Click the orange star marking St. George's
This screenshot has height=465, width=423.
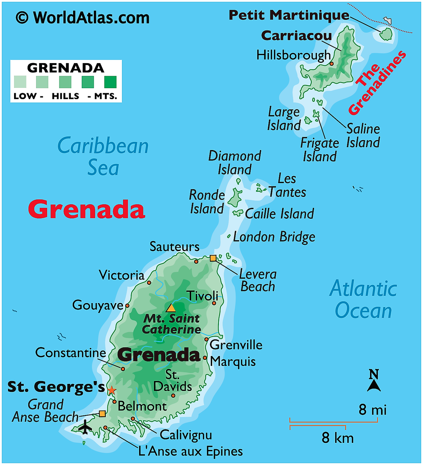tap(111, 390)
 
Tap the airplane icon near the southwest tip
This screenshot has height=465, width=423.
tap(85, 427)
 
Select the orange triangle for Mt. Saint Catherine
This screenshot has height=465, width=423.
tap(171, 308)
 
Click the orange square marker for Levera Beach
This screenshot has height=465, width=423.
tap(213, 258)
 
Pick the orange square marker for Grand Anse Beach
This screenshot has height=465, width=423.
tap(102, 413)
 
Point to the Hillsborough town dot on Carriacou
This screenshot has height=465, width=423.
tap(332, 64)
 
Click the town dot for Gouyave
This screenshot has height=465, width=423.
tap(127, 306)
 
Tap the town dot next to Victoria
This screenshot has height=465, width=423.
tap(149, 283)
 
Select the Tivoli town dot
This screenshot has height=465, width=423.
tap(214, 303)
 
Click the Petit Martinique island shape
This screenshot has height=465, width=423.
tap(386, 34)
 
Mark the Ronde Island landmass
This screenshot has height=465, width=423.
tap(235, 198)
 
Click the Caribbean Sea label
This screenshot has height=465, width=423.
tap(103, 156)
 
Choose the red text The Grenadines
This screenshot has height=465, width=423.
tap(377, 83)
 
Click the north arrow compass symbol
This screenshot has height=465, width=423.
tap(374, 381)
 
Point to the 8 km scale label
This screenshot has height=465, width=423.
tap(337, 438)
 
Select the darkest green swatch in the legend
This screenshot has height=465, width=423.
tap(110, 82)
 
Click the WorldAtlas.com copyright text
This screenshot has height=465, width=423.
tap(83, 18)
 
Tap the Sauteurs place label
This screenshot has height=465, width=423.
tap(174, 247)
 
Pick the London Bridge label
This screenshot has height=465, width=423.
tap(274, 237)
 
